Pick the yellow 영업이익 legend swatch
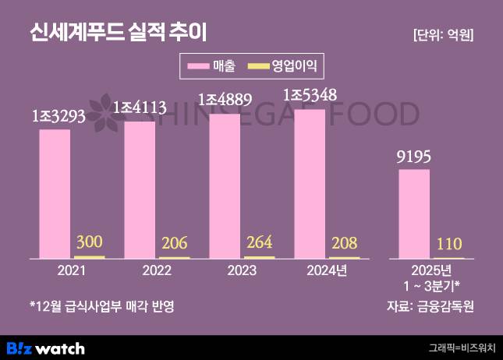260,65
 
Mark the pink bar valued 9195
414,214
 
